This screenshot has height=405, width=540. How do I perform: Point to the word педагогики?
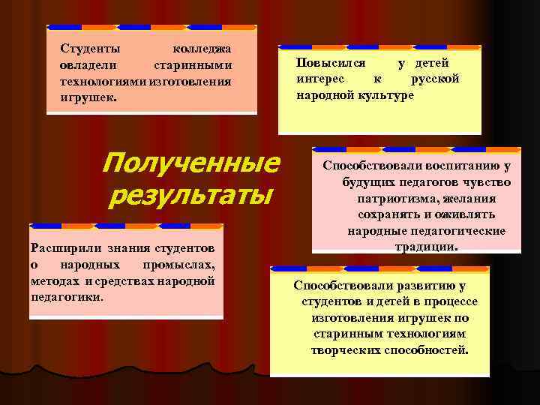[x=67, y=296]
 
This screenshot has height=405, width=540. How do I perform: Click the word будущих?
[x=370, y=183]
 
